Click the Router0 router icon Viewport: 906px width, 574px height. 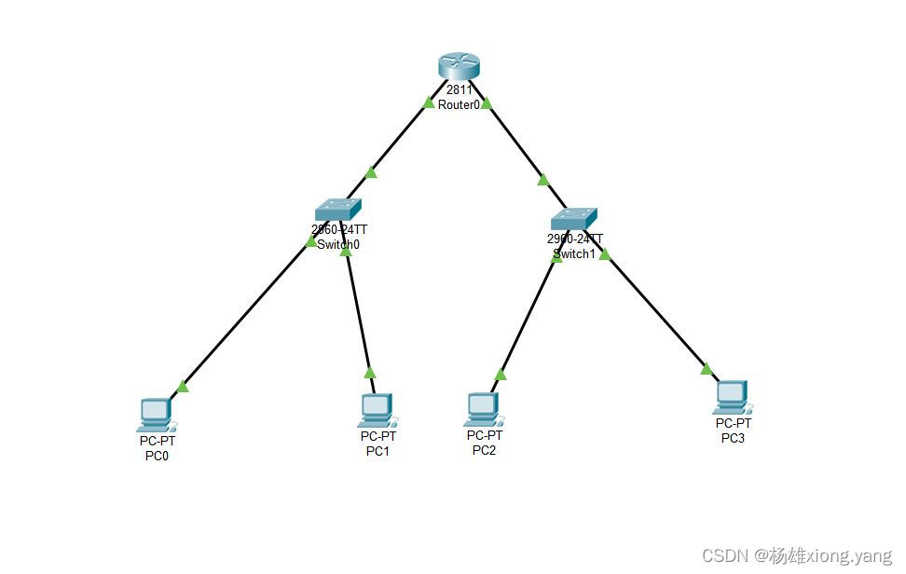459,66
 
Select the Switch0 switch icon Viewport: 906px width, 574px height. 336,209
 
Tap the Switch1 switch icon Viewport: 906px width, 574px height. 572,218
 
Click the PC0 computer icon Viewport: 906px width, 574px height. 154,412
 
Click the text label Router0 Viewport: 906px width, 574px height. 459,105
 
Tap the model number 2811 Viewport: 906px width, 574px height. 459,89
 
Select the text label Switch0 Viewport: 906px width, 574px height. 338,245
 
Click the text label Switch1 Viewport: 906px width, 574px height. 573,253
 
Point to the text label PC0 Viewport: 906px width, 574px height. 157,457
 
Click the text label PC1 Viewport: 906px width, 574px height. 377,452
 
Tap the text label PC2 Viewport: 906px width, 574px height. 484,451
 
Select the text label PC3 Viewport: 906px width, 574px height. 733,438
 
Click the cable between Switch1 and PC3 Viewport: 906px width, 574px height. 657,312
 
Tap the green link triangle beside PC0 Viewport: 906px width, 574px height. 183,386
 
